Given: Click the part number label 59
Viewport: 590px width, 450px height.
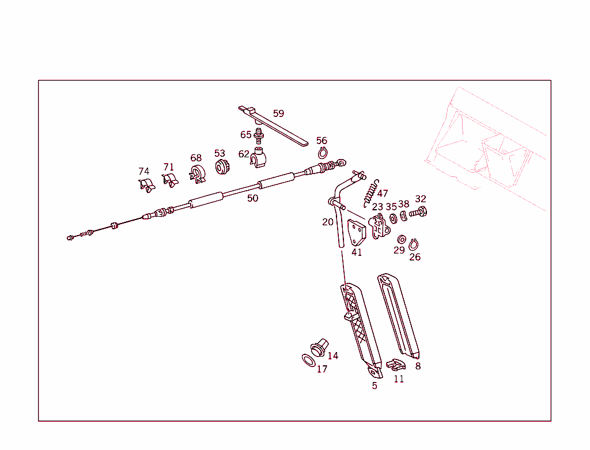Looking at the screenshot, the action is pyautogui.click(x=278, y=114).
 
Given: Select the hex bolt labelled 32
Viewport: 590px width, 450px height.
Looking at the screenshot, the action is pyautogui.click(x=418, y=212).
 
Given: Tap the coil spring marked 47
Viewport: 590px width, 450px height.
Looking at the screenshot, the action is pyautogui.click(x=371, y=194).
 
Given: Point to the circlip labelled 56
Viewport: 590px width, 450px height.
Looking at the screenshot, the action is pyautogui.click(x=323, y=153).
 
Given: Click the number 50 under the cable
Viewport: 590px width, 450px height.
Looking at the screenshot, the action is pyautogui.click(x=252, y=198).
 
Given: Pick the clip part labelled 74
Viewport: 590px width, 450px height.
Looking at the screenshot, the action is pyautogui.click(x=147, y=185).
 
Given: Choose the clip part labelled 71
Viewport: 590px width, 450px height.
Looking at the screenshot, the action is pyautogui.click(x=170, y=180).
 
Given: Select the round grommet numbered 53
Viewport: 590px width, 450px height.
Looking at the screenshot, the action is pyautogui.click(x=222, y=167).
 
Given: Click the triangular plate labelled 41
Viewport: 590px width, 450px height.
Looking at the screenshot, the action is pyautogui.click(x=356, y=233).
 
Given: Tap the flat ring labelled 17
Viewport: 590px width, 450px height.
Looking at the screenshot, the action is pyautogui.click(x=309, y=361).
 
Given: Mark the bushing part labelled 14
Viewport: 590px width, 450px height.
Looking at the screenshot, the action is pyautogui.click(x=319, y=347).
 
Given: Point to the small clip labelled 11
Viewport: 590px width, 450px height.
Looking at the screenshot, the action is pyautogui.click(x=396, y=365).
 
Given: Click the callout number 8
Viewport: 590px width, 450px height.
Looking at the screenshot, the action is pyautogui.click(x=418, y=366).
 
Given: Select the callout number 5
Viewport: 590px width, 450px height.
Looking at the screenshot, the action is pyautogui.click(x=375, y=385).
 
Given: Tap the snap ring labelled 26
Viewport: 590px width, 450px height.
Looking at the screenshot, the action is pyautogui.click(x=414, y=244).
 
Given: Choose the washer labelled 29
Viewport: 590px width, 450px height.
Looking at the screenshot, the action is pyautogui.click(x=402, y=239).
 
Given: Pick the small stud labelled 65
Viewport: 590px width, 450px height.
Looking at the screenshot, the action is pyautogui.click(x=259, y=136).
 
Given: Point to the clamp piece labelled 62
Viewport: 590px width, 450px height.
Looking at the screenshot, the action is pyautogui.click(x=259, y=158).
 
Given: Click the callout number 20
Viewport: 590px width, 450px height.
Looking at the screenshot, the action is pyautogui.click(x=328, y=222).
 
